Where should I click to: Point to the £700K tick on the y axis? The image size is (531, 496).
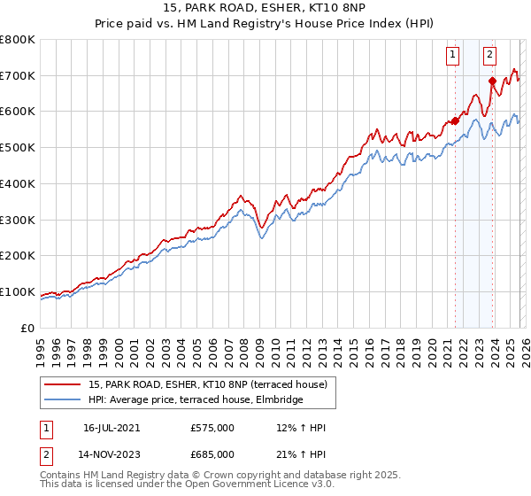click(x=18, y=76)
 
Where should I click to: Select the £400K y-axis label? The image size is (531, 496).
click(x=18, y=184)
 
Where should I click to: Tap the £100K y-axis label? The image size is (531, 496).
click(x=18, y=292)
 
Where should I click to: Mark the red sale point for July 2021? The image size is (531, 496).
click(x=455, y=120)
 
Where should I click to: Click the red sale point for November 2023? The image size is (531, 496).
click(x=492, y=81)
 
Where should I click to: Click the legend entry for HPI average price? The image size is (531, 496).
click(x=196, y=400)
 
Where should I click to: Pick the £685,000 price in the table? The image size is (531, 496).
click(x=212, y=453)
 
